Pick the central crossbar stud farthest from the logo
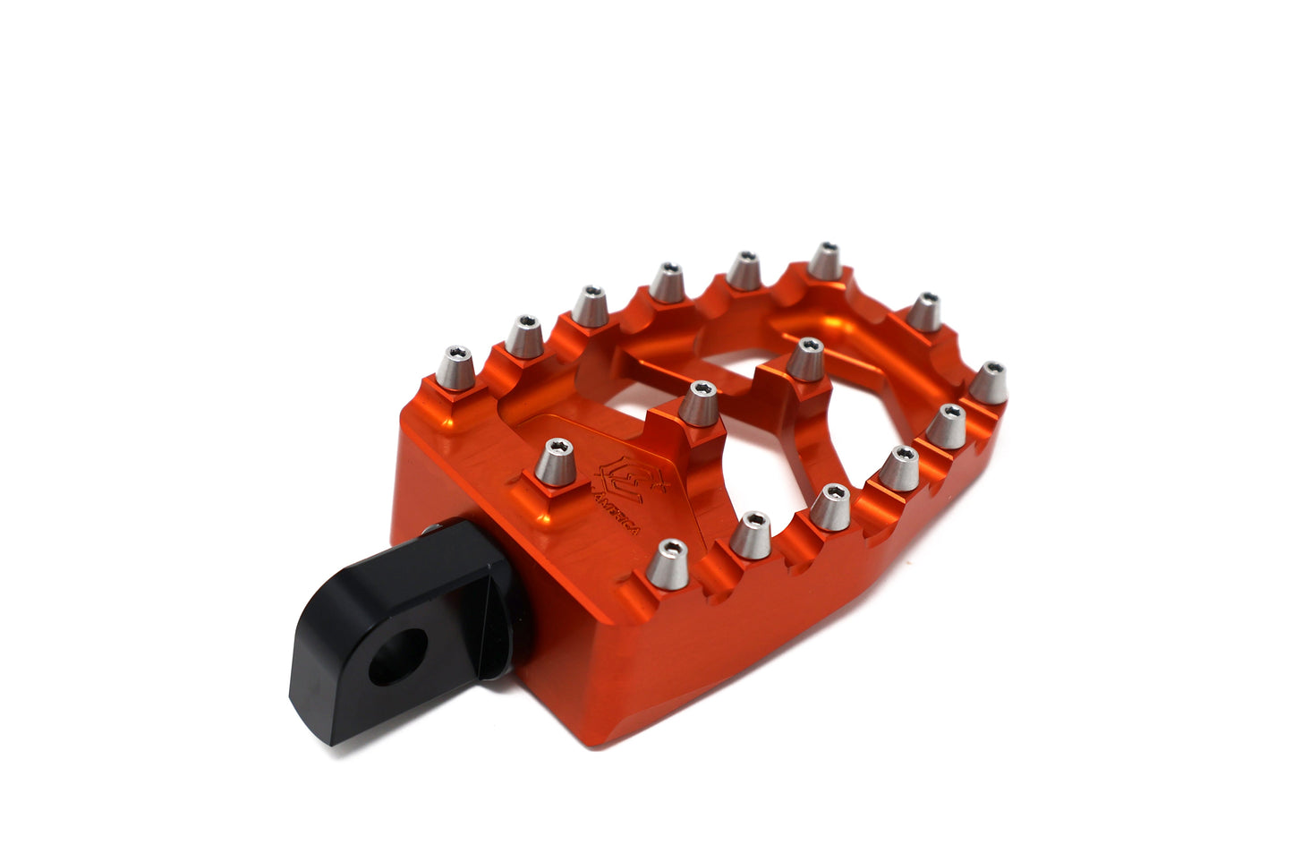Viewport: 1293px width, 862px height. (806, 358)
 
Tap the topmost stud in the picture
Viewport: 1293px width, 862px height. (824, 260)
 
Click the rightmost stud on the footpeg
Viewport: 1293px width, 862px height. (988, 382)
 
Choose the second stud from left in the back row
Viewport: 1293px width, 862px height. (524, 336)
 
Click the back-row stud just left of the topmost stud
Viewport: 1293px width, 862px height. (743, 269)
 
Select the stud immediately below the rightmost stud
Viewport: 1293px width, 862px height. (947, 426)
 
